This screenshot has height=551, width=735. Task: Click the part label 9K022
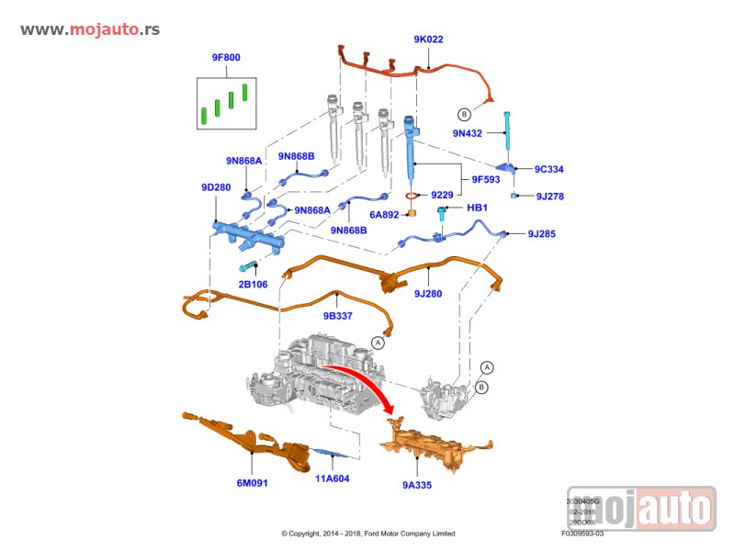click(428, 39)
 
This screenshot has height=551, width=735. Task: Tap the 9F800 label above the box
click(226, 58)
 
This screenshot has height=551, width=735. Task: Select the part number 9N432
click(467, 133)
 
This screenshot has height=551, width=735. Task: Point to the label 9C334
click(549, 169)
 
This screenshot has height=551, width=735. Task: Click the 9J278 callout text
click(549, 196)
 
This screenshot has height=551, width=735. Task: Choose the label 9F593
click(485, 179)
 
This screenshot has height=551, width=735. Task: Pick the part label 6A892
click(384, 215)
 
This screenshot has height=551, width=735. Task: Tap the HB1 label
click(477, 208)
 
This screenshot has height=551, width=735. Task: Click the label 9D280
click(216, 186)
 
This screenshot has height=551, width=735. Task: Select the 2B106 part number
click(253, 285)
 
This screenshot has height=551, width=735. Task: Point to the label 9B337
click(337, 315)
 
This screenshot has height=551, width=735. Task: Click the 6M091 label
click(253, 482)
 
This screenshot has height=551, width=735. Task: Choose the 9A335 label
click(416, 482)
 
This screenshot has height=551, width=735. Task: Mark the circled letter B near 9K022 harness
click(464, 114)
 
